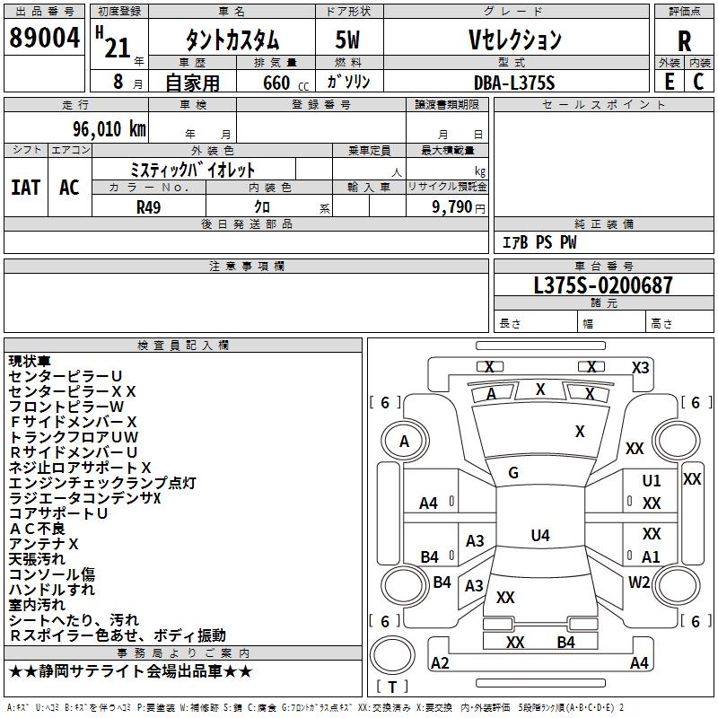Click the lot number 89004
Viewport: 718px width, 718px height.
tap(45, 39)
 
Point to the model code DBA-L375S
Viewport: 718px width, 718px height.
tap(514, 82)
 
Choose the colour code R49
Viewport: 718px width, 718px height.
tap(149, 206)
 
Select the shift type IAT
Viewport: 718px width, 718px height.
tap(26, 188)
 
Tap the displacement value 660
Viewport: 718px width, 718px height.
tap(276, 83)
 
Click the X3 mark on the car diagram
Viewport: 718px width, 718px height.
tap(640, 367)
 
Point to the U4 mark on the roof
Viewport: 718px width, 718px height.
tap(539, 536)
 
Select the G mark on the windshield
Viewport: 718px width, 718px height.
tap(513, 473)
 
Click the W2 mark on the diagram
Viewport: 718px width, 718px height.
tap(639, 582)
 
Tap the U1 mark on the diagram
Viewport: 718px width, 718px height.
tap(652, 481)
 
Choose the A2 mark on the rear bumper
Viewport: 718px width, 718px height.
tap(440, 663)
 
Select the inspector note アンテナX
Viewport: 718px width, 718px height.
tap(44, 544)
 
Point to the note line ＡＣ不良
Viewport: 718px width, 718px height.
tap(39, 529)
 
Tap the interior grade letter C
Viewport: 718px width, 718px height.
tap(698, 82)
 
